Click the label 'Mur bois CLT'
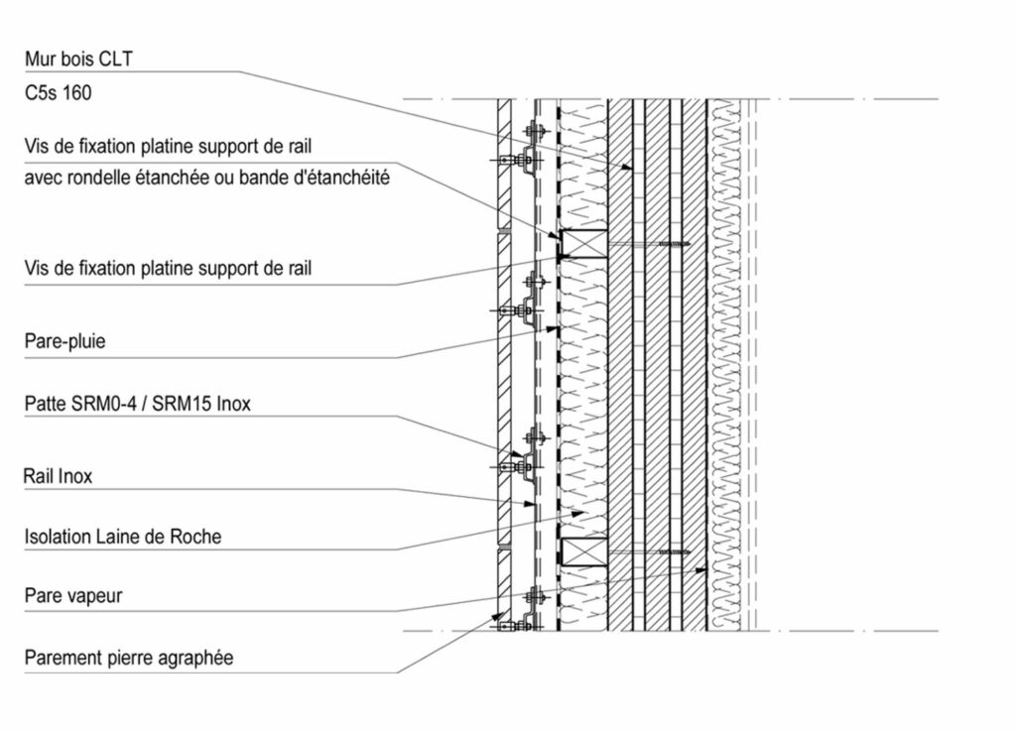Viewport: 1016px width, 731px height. pyautogui.click(x=78, y=59)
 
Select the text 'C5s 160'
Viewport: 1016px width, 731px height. pyautogui.click(x=58, y=92)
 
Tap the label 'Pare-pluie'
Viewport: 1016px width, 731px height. pyautogui.click(x=64, y=341)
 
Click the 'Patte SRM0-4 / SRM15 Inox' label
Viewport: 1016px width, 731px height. pyautogui.click(x=137, y=404)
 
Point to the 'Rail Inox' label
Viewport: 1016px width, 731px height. pyautogui.click(x=58, y=476)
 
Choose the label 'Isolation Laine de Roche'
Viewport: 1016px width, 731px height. pyautogui.click(x=123, y=537)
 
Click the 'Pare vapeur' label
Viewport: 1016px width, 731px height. pyautogui.click(x=73, y=596)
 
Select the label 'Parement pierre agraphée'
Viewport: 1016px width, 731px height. pyautogui.click(x=129, y=658)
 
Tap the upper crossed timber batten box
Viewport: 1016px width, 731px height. pyautogui.click(x=583, y=244)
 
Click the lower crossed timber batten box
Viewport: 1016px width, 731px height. pyautogui.click(x=583, y=552)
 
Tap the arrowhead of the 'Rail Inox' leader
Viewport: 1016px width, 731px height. pyautogui.click(x=529, y=503)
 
